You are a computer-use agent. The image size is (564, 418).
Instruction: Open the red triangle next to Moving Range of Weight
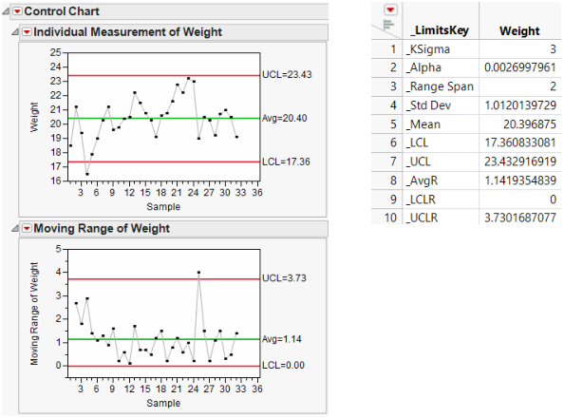27,228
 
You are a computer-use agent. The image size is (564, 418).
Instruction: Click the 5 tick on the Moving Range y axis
57,249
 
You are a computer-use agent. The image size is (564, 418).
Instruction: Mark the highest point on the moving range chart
198,273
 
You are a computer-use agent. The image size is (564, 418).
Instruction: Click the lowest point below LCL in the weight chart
86,174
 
